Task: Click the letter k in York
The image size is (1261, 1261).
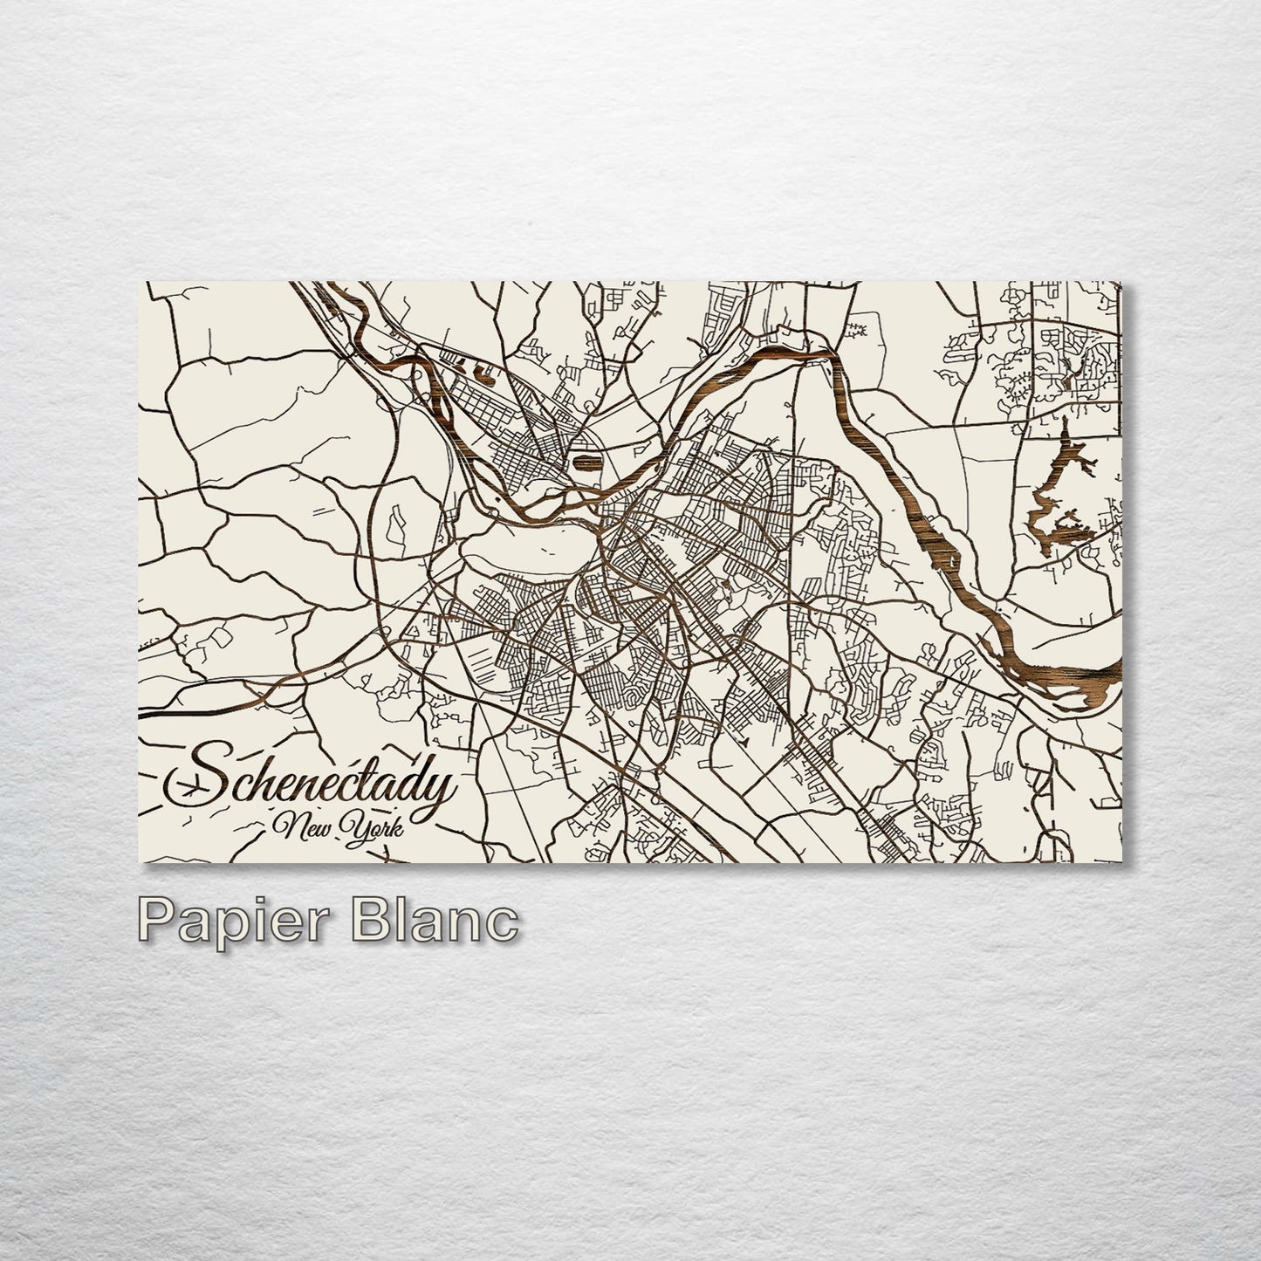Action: click(395, 826)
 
